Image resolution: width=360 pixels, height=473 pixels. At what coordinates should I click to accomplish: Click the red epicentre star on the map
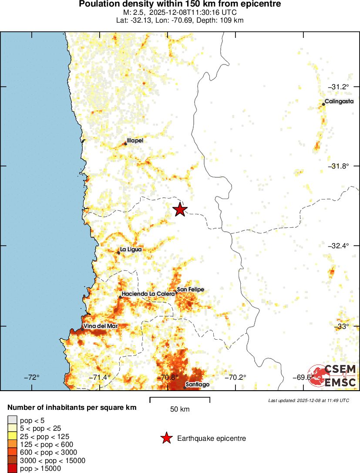pyautogui.click(x=180, y=209)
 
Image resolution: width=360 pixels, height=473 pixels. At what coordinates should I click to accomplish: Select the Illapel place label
pyautogui.click(x=135, y=141)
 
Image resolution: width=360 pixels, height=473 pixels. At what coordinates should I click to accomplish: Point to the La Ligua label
pyautogui.click(x=131, y=250)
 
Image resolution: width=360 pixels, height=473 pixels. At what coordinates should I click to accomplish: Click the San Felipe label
pyautogui.click(x=190, y=290)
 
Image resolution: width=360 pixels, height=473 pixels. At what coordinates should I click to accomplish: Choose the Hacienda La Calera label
pyautogui.click(x=148, y=294)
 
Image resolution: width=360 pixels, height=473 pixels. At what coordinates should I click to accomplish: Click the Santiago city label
pyautogui.click(x=198, y=385)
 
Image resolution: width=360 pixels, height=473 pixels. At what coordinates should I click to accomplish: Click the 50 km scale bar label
pyautogui.click(x=180, y=409)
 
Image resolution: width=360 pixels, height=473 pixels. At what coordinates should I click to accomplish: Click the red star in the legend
pyautogui.click(x=166, y=438)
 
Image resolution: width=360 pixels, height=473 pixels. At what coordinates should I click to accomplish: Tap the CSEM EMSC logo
pyautogui.click(x=334, y=375)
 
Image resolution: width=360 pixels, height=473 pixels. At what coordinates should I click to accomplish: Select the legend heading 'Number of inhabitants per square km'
pyautogui.click(x=72, y=408)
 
